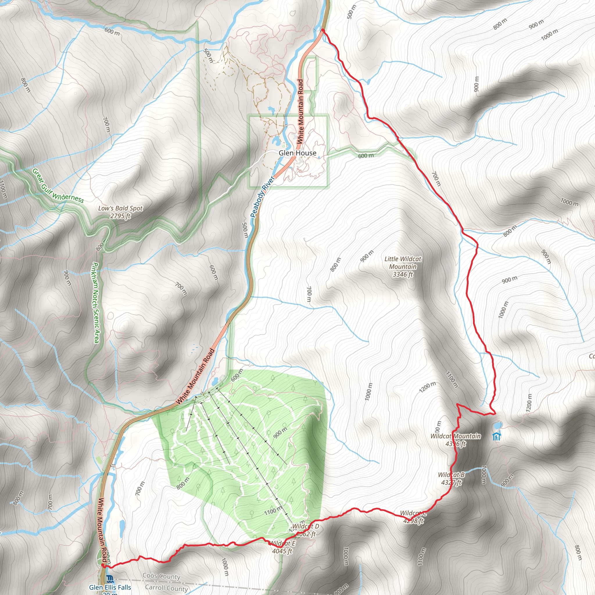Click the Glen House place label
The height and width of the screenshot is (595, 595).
point(297,153)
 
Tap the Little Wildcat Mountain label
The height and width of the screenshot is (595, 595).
point(402,267)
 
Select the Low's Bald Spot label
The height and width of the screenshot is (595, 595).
point(120,212)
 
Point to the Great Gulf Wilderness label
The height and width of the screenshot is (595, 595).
point(58,186)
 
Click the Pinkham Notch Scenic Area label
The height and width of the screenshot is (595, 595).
point(95,302)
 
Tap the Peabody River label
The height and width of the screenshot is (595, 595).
point(262,197)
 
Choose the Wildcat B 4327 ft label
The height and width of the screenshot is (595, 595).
point(451,478)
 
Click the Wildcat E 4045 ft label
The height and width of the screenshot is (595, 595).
point(282,547)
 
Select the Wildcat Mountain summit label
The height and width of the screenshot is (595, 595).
point(456,440)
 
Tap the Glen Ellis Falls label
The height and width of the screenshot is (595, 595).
point(110,587)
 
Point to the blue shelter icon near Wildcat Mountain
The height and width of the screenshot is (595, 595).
point(497,436)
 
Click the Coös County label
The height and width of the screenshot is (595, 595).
point(161,576)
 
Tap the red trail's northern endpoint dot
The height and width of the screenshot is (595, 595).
point(322,30)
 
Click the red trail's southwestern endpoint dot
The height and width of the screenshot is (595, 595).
point(103,565)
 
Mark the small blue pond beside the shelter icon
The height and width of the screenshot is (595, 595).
point(497,426)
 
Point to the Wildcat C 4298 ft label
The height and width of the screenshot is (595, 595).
point(413,517)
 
